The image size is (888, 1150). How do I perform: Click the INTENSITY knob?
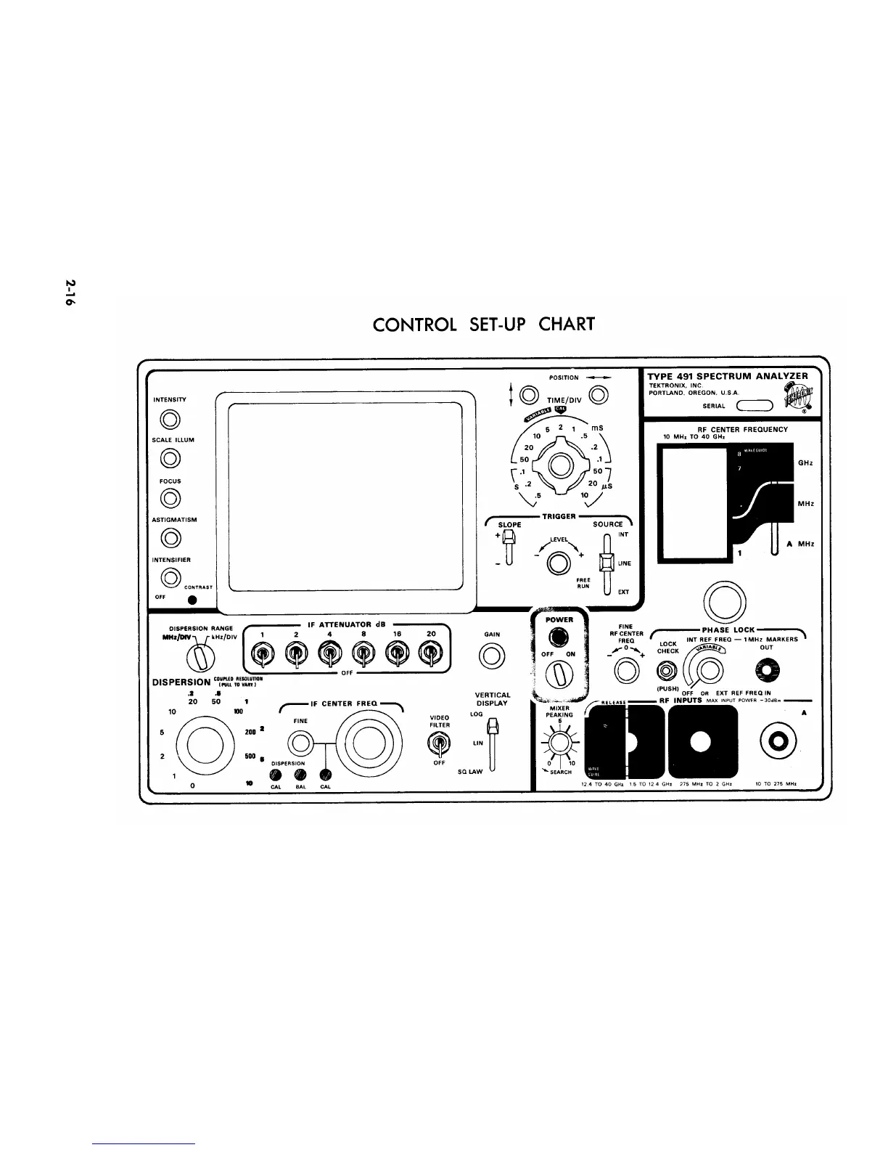170,420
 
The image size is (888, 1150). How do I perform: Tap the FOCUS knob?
170,498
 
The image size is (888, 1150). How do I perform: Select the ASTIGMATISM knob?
170,538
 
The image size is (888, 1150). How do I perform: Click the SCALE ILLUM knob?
170,458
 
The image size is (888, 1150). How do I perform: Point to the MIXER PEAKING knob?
559,743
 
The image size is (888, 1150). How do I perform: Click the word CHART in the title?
567,324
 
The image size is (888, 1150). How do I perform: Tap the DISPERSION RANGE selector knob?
201,658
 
